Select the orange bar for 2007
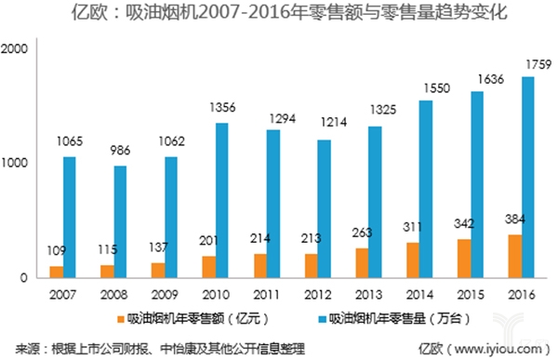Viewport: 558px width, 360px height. click(x=56, y=272)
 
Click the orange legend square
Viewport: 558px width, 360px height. click(x=121, y=318)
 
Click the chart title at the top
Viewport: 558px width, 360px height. click(x=279, y=14)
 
